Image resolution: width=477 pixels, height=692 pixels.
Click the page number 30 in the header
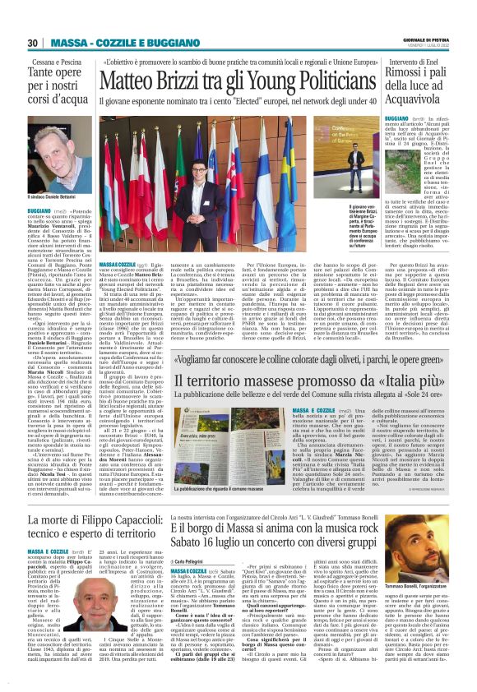[x=33, y=43]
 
